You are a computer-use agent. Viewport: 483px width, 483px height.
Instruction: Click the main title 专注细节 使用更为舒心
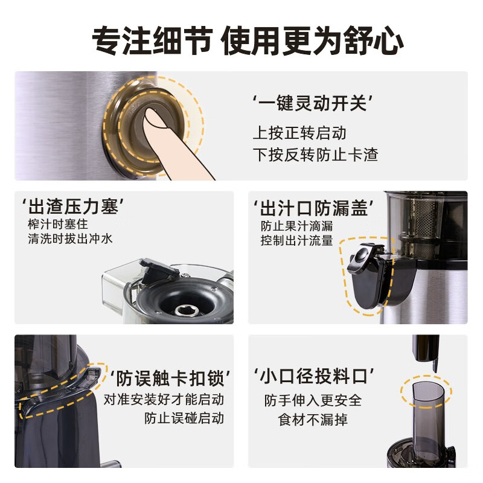coord(248,40)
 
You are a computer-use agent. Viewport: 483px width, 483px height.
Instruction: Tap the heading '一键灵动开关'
coord(312,103)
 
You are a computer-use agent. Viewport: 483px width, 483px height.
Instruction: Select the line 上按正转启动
coord(299,133)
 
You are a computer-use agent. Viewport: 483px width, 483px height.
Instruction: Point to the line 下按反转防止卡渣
coord(315,155)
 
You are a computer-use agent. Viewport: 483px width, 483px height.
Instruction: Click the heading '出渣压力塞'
coord(73,206)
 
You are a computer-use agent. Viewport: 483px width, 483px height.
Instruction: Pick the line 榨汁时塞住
coord(58,224)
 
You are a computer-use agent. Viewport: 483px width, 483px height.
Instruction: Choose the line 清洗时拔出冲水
coord(70,238)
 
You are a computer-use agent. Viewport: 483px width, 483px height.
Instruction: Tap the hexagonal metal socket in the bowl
coord(187,310)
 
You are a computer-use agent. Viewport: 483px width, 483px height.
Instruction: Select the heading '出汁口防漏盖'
coord(313,208)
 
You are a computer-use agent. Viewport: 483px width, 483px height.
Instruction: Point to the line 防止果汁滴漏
coord(296,226)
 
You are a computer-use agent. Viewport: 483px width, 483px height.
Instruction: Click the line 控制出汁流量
coord(296,240)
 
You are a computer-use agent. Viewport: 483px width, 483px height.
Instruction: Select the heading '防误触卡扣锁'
coord(170,379)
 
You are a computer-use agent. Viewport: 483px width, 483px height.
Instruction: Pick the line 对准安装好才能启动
coord(164,400)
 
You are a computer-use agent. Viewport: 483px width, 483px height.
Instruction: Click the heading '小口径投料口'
coord(313,376)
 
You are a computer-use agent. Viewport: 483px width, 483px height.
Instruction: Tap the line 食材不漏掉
coord(313,420)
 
